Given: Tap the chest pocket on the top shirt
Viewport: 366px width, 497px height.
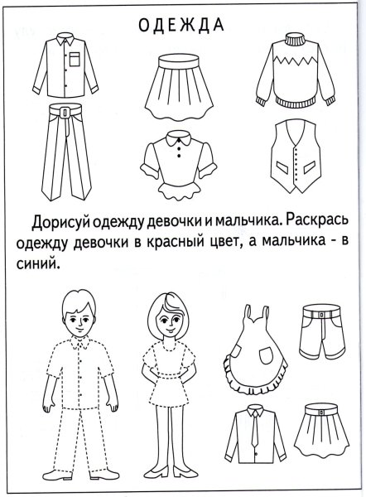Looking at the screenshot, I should click(75, 58).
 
